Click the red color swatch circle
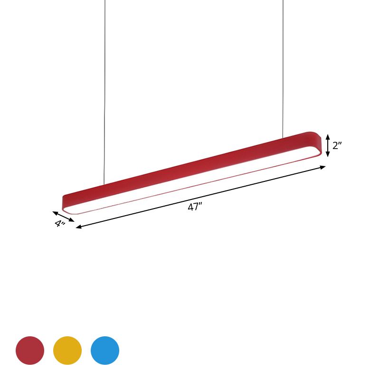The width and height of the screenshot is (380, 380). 30,351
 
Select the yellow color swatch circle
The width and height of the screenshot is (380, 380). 67,351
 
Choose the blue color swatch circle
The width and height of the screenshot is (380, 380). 105,351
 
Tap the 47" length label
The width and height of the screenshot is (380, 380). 195,207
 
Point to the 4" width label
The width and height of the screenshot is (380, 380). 60,224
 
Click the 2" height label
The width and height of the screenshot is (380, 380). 337,145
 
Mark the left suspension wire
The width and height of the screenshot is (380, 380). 104,95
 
